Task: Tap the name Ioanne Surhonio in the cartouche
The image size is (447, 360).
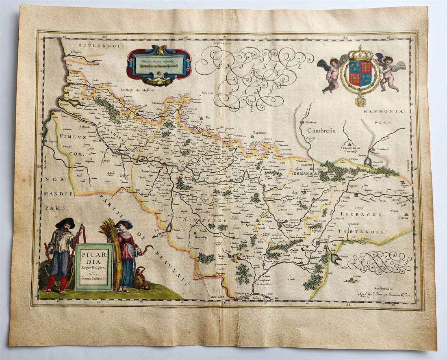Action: [x=94, y=279]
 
